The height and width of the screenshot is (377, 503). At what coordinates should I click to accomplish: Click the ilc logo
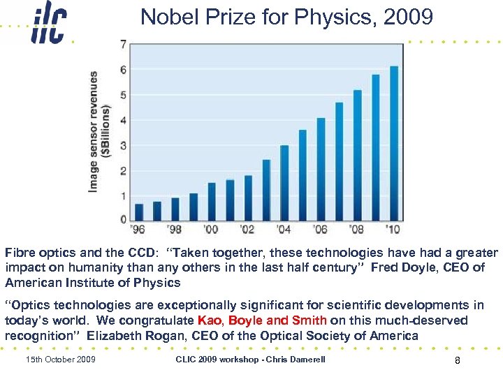click(48, 26)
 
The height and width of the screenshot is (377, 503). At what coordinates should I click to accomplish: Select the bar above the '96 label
click(139, 212)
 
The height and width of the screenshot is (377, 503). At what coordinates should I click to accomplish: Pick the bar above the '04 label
click(284, 182)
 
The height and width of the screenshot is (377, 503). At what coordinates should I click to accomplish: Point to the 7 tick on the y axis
click(124, 45)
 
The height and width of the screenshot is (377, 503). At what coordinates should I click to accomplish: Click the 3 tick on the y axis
click(124, 146)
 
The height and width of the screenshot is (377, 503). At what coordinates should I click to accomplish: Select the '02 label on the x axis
click(247, 230)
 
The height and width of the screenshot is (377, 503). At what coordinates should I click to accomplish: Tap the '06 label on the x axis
click(319, 230)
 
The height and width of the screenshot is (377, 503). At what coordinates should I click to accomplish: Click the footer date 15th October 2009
click(60, 360)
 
